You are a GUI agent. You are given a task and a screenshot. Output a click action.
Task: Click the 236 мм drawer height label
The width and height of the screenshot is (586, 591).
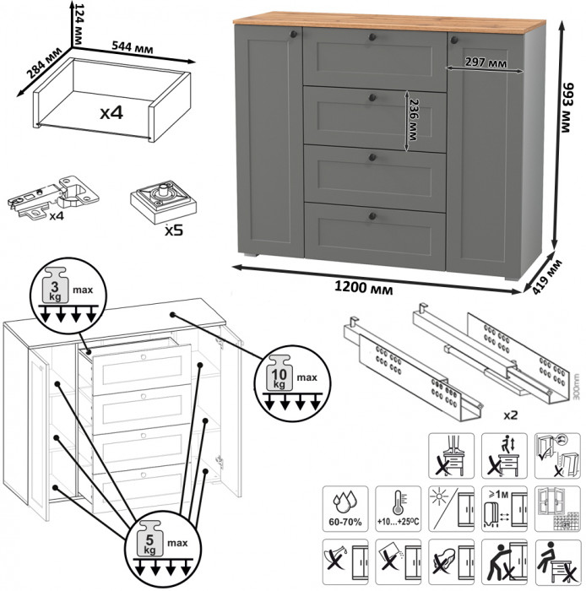pos(414,119)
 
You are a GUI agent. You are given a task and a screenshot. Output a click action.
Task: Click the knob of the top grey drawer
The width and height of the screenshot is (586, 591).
pos(372,35)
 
